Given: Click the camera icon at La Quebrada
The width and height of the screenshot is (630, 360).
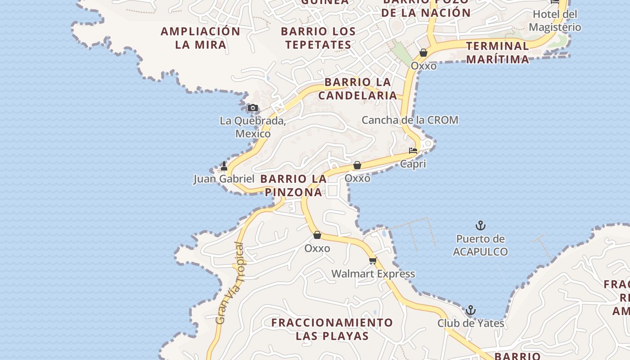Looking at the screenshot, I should pos(253,108).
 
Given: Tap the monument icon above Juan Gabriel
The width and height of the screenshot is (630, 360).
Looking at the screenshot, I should pos(224,166).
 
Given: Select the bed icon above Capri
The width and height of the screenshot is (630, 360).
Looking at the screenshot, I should pos(413,151).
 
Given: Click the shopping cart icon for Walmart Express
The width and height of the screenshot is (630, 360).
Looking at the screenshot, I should pos(373,261).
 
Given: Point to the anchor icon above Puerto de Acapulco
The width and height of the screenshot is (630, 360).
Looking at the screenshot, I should pos(481,225).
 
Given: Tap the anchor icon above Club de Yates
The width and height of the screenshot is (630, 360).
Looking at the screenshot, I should pos(470,310).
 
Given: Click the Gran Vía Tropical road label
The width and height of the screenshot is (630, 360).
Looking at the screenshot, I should pos(230,283).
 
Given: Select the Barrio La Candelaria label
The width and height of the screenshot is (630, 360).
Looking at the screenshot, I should pos(358,89).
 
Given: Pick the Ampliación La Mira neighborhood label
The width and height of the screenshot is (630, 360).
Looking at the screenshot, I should pos(201,38).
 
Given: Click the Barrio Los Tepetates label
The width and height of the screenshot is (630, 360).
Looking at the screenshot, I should pos(318,38).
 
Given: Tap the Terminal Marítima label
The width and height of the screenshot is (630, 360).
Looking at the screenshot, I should pos(497,52).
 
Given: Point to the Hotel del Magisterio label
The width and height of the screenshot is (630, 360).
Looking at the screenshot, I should pos(555,21).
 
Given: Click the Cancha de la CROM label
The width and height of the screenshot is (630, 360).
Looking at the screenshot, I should pos(410,120).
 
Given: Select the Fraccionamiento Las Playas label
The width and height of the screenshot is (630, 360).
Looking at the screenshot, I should pos(332,329).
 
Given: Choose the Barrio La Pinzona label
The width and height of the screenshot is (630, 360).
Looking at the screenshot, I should pos(293,185).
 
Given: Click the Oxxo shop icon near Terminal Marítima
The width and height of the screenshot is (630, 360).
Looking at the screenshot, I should pos(423,53).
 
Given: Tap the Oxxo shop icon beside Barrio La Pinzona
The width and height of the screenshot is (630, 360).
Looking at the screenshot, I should pos(357,166).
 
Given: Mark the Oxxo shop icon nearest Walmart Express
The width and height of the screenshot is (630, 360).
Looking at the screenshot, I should pos(317,235).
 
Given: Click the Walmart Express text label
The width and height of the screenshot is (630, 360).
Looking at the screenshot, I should pos(373,274).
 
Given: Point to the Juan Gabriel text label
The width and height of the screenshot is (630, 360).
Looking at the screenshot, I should pos(224,179).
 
